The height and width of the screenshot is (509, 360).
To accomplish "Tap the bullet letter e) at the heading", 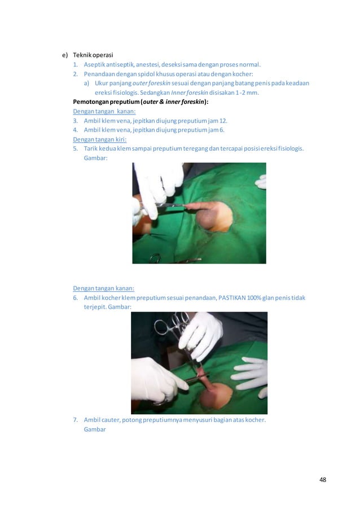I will pos(65,55).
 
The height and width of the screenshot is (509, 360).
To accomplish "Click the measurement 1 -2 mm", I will pos(245,93).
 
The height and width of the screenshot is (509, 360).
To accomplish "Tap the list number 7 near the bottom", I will pos(75,420).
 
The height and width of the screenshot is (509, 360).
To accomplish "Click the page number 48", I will pos(322,480).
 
